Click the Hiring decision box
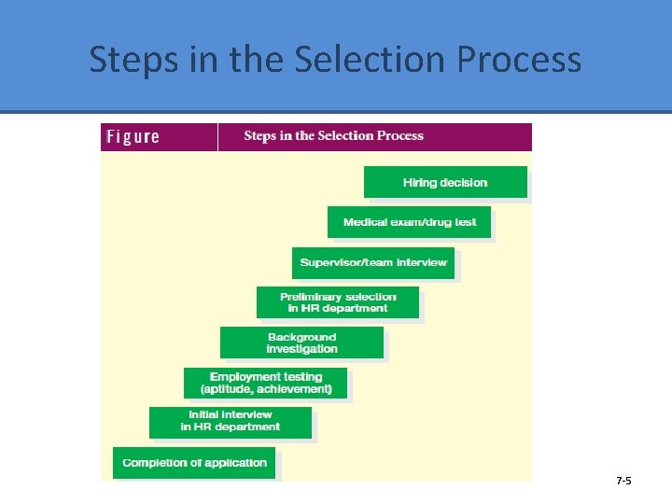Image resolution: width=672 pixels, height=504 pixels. [445, 182]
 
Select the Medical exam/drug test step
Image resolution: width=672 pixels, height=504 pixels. [409, 222]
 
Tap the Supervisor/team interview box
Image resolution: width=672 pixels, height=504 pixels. [373, 262]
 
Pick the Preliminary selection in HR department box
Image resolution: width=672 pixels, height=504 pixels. [338, 302]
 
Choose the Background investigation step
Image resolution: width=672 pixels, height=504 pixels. [301, 343]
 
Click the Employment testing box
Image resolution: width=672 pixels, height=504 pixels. [266, 383]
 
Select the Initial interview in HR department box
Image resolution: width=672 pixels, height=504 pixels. [231, 422]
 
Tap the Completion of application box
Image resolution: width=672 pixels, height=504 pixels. [194, 463]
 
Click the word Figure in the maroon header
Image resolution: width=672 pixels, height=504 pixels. [133, 137]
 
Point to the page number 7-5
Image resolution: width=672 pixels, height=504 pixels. [623, 481]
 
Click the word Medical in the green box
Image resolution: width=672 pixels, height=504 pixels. [365, 222]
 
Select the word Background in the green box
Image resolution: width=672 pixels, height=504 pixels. [301, 337]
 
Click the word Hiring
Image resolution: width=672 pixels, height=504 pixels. [419, 182]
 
